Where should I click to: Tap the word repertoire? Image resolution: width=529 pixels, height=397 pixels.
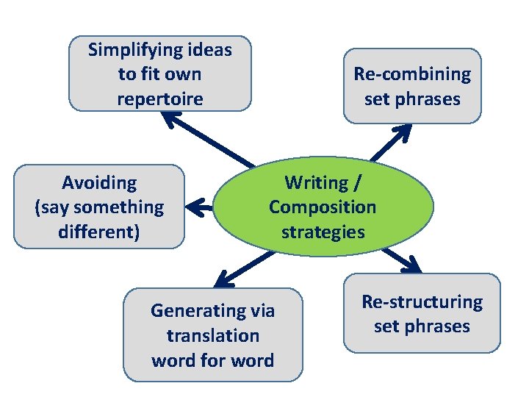pyautogui.click(x=159, y=99)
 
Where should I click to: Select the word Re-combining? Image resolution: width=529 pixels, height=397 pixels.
pyautogui.click(x=412, y=74)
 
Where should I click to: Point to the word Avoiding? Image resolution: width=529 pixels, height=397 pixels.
pyautogui.click(x=99, y=182)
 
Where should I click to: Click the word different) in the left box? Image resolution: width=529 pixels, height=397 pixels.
pyautogui.click(x=99, y=232)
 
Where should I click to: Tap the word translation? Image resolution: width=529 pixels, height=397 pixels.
pyautogui.click(x=212, y=335)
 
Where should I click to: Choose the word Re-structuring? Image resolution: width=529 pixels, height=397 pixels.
pyautogui.click(x=422, y=301)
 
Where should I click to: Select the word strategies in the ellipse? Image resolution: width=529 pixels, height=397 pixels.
pyautogui.click(x=323, y=232)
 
